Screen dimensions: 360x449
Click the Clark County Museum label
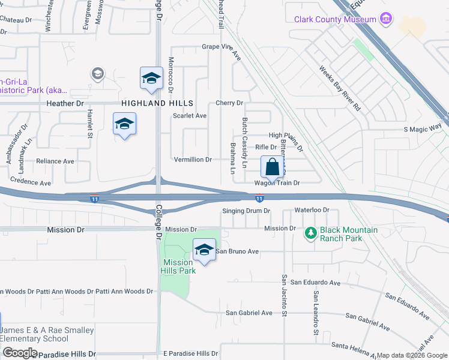click(x=335, y=19)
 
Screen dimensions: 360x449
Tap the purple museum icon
click(x=387, y=20)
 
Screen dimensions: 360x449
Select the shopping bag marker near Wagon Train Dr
click(x=272, y=167)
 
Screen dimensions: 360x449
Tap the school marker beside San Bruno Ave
click(x=204, y=249)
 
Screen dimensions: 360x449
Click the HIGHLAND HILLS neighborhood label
click(x=151, y=103)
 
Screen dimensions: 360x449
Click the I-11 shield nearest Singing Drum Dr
click(x=259, y=197)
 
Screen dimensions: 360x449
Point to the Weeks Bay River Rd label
click(x=340, y=89)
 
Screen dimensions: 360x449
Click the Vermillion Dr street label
click(x=192, y=160)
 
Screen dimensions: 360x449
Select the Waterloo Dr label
click(x=312, y=210)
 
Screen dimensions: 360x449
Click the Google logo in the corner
click(x=19, y=353)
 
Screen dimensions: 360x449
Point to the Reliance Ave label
click(x=55, y=161)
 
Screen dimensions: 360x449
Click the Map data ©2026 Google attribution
click(x=412, y=356)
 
